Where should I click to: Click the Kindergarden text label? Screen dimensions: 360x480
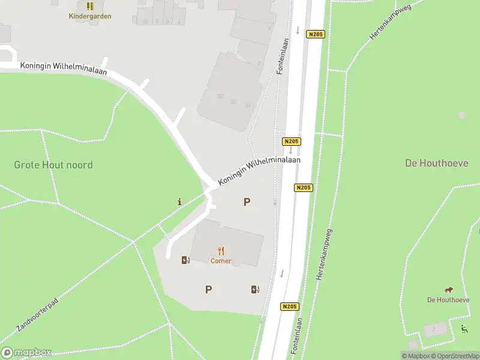(90, 16)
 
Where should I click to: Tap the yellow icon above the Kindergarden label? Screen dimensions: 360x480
(90, 6)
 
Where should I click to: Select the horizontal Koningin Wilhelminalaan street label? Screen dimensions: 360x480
(63, 68)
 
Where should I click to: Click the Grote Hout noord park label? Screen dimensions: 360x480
(53, 164)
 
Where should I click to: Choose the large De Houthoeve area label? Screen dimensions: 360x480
(437, 163)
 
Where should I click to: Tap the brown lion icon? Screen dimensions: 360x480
(448, 290)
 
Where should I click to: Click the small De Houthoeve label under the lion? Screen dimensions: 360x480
(448, 300)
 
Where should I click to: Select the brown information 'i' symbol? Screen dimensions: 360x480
(179, 202)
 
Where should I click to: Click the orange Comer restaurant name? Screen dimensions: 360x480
(221, 261)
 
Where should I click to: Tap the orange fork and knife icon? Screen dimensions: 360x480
(221, 251)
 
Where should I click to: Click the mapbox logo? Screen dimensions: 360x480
(26, 353)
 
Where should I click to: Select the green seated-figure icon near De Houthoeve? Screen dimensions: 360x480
(464, 328)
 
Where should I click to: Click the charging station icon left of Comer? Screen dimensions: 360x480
(185, 260)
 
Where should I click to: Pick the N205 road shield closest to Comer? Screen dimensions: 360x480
(289, 306)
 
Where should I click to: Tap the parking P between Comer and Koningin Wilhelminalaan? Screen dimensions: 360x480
(247, 202)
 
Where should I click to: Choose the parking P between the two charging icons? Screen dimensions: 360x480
(208, 289)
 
